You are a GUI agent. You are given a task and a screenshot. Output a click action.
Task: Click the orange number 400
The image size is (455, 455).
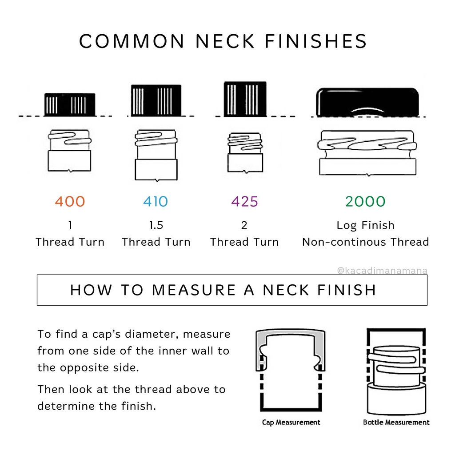(70, 201)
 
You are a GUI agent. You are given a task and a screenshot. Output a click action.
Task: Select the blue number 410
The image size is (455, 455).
(156, 201)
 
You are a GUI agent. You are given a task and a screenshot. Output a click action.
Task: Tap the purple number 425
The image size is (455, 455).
(245, 201)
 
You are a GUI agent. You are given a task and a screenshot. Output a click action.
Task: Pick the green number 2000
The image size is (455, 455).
(365, 201)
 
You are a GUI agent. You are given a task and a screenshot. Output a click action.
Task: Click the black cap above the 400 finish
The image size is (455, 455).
(70, 104)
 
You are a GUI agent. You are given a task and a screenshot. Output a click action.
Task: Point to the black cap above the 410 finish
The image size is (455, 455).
(156, 100)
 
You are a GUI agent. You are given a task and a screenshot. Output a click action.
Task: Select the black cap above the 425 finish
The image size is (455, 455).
(245, 99)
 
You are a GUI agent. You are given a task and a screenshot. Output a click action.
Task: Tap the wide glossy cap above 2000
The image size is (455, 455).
(367, 102)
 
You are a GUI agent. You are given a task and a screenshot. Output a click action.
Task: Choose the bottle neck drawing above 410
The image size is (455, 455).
(156, 155)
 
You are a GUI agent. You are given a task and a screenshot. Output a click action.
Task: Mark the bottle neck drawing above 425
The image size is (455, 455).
(245, 153)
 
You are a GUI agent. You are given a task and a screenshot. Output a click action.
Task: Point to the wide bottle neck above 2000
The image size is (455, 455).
(367, 153)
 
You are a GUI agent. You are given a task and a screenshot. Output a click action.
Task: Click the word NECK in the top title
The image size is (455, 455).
(225, 41)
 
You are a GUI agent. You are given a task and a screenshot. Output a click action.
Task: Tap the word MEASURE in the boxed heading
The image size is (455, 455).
(194, 290)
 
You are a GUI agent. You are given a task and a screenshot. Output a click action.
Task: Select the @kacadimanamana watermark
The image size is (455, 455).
(382, 271)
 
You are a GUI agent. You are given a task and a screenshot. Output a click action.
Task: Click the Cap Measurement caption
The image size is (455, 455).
(291, 422)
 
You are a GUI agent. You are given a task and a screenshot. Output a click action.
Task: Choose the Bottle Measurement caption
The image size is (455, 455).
(396, 422)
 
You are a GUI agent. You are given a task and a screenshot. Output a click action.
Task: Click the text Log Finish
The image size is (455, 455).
(365, 225)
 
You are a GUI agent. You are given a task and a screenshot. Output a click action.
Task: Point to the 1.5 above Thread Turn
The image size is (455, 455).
(156, 225)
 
